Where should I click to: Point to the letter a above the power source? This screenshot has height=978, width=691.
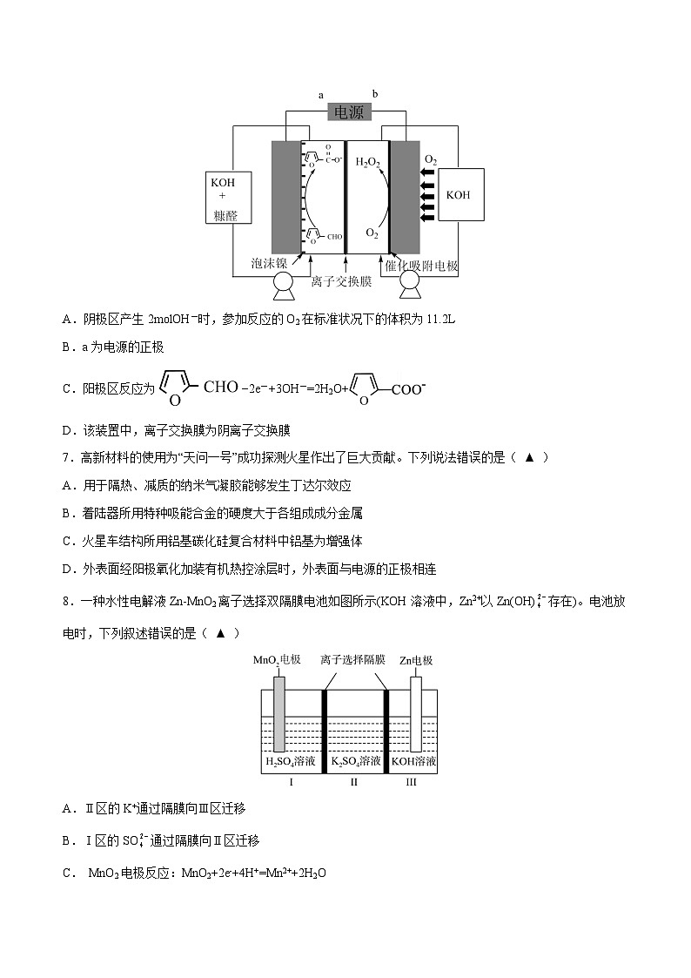click(321, 94)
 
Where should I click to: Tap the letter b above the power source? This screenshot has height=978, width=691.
click(375, 94)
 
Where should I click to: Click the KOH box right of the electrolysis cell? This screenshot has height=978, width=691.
click(458, 195)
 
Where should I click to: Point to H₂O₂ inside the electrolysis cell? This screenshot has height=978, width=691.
click(369, 161)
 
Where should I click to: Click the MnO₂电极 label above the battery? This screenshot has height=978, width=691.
click(277, 660)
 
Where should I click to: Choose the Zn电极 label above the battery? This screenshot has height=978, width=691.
click(416, 660)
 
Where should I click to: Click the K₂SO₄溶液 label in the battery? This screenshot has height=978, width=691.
click(356, 762)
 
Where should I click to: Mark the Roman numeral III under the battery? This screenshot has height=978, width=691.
click(412, 782)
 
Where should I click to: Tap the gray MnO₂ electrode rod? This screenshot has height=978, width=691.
click(278, 712)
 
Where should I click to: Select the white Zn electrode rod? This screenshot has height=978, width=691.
click(416, 712)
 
